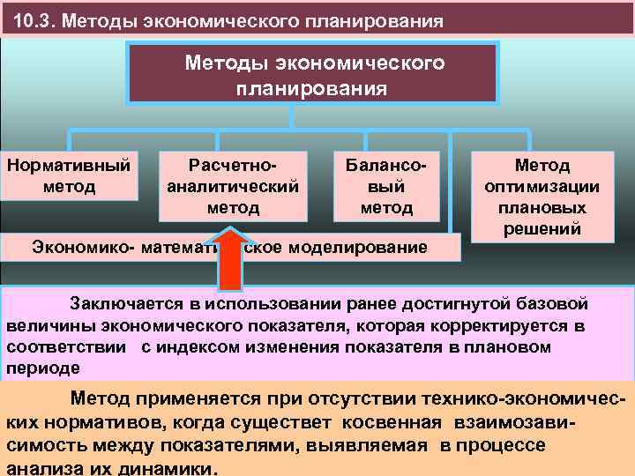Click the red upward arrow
[x=232, y=260]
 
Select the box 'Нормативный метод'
[x=69, y=175]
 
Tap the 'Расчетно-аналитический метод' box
[x=233, y=186]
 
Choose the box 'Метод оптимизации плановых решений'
[x=542, y=197]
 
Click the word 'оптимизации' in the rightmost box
[x=542, y=186]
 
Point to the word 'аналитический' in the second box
[x=233, y=186]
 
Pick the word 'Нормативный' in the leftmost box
[x=69, y=165]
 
